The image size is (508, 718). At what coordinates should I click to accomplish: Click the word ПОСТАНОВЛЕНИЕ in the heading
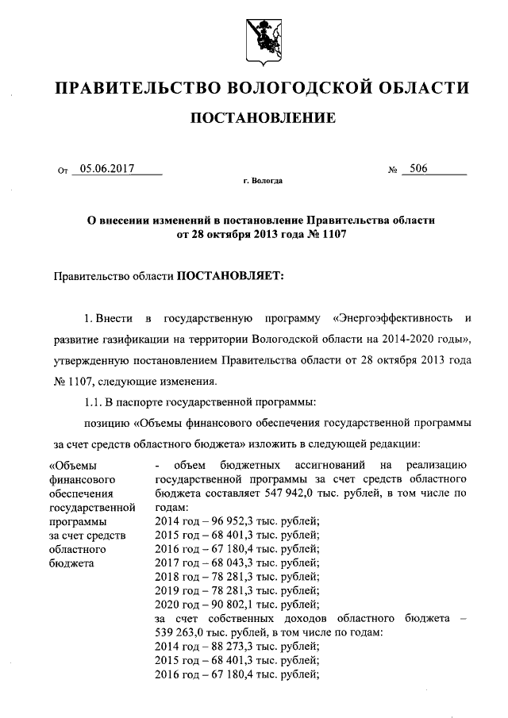[261, 118]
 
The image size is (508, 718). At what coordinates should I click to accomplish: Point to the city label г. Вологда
[263, 181]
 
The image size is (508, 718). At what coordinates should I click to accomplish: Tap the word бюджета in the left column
[71, 563]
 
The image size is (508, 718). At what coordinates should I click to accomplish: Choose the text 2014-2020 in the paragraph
[398, 340]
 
